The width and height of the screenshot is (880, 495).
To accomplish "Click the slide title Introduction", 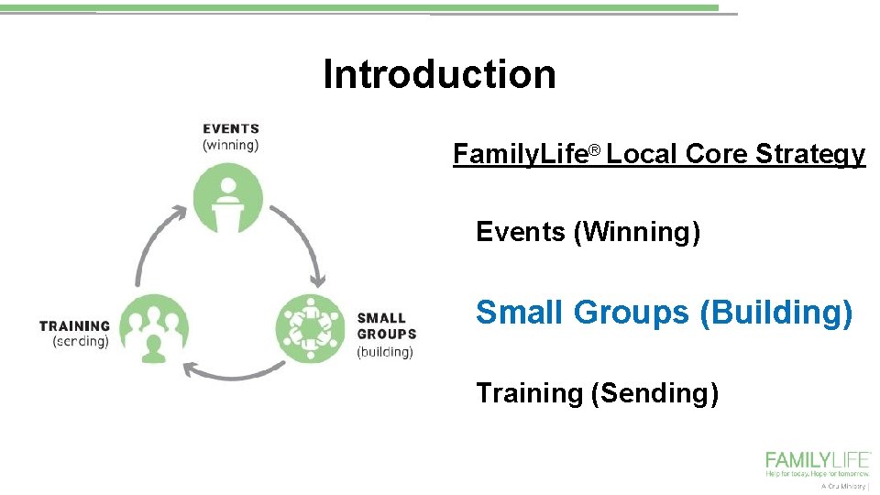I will click(439, 74).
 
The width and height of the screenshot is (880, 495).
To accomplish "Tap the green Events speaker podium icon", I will click(228, 199).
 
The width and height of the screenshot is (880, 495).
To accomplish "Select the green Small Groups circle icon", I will click(311, 326).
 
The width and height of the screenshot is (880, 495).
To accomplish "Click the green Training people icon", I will click(154, 328).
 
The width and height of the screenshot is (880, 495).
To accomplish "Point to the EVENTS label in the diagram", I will click(231, 129).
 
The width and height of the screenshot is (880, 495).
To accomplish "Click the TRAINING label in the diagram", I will click(74, 325).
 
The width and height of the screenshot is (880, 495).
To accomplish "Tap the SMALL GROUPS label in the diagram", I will click(386, 326).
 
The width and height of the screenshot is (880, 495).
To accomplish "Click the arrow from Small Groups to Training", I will click(234, 371).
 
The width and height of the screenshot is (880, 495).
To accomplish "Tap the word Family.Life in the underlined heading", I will click(519, 155).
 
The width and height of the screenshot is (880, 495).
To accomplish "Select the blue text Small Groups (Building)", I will click(664, 313).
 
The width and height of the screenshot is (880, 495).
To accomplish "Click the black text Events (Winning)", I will click(588, 233).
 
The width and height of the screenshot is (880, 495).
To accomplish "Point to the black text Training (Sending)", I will click(597, 394).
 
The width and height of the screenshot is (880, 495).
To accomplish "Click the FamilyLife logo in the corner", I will click(818, 464).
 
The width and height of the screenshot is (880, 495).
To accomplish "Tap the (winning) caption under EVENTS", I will click(231, 145).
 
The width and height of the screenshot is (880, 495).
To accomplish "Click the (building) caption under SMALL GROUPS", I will click(385, 352).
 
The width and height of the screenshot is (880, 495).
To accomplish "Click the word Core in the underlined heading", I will click(716, 155).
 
